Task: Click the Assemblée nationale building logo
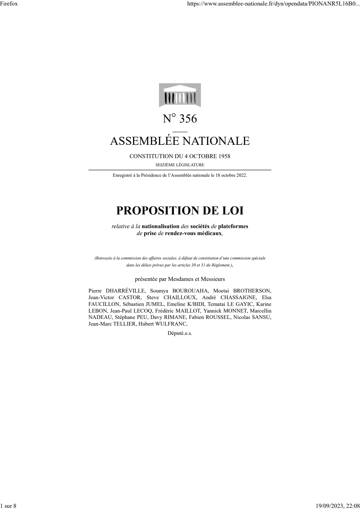pyautogui.click(x=180, y=95)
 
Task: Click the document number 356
pyautogui.click(x=188, y=119)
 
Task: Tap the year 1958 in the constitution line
pyautogui.click(x=224, y=156)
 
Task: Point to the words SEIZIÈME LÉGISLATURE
pyautogui.click(x=180, y=165)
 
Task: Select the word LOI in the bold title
pyautogui.click(x=233, y=211)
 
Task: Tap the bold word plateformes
pyautogui.click(x=233, y=226)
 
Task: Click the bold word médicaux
pyautogui.click(x=210, y=233)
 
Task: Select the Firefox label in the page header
pyautogui.click(x=9, y=3)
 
